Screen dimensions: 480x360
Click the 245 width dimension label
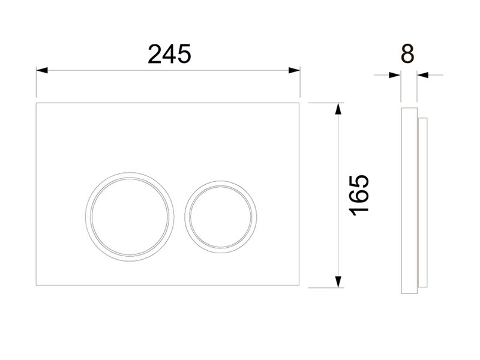coord(169,54)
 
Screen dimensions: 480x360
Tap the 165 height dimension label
coord(359,196)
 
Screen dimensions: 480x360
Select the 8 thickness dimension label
coord(407,54)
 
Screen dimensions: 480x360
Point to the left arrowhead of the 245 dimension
coord(42,70)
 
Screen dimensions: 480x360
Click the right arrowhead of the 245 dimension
coord(294,70)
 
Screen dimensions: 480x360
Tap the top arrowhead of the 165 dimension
coord(338,109)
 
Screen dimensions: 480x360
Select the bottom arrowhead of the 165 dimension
coord(338,281)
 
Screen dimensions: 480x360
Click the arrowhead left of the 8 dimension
coord(395,74)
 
